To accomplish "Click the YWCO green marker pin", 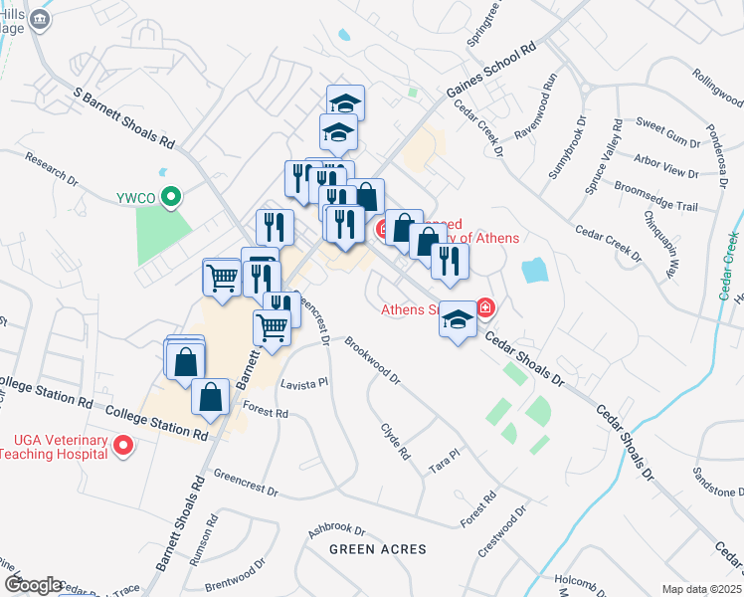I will (171, 197).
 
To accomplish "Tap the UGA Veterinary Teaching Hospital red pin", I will (122, 446).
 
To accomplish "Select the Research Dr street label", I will (52, 169).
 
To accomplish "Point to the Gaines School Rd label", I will (490, 71).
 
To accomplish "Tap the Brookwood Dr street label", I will (372, 360).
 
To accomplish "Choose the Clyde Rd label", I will (395, 441).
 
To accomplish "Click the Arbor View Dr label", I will (666, 165).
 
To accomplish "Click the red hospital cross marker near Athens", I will (485, 307).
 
